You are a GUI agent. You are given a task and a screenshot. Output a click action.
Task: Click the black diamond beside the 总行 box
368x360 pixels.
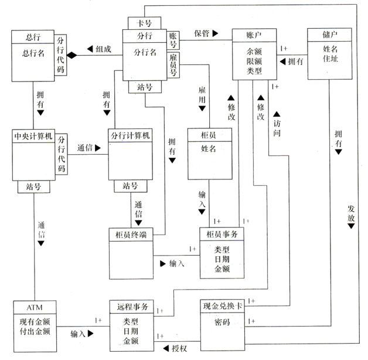tap(72, 55)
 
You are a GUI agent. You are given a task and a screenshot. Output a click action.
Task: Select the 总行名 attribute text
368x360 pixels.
tap(33, 55)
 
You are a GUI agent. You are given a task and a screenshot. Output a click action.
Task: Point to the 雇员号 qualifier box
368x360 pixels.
tap(173, 64)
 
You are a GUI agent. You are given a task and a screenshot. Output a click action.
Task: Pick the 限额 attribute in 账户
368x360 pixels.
tap(254, 61)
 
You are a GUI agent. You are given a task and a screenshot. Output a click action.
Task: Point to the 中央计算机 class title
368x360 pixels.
tap(33, 136)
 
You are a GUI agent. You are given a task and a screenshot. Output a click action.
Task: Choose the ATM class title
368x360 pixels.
tap(34, 307)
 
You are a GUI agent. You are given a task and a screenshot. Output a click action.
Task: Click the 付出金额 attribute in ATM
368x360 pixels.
tap(34, 331)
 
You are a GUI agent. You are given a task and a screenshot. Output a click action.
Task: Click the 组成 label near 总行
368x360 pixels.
tap(103, 49)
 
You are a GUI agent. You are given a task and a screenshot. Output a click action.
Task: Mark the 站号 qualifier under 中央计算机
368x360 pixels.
tap(33, 187)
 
